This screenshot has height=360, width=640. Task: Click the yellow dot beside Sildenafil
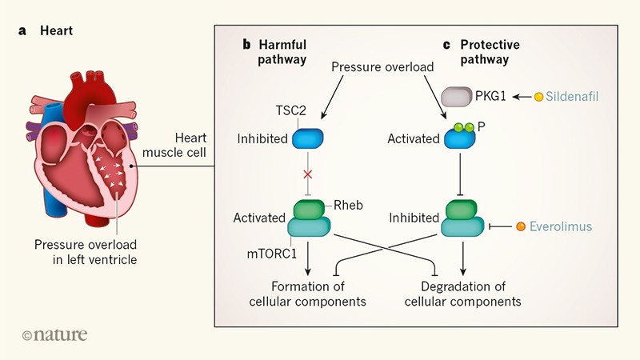pos(538,97)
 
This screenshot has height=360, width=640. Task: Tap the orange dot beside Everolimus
pos(521,226)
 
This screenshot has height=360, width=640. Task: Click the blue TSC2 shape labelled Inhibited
pos(307,139)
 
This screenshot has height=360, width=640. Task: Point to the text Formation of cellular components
pos(318,294)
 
